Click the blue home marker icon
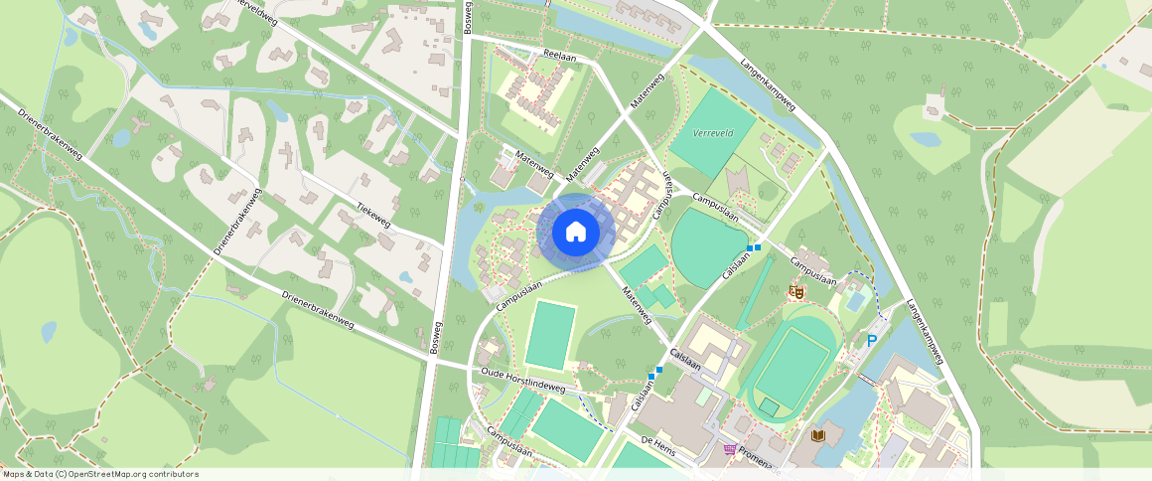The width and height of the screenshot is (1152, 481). click(576, 233)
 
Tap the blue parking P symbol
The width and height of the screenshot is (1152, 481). click(872, 341)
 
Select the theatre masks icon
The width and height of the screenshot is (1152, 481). click(794, 291)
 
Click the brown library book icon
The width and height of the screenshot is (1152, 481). click(818, 435)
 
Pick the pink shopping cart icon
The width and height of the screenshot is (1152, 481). click(732, 450)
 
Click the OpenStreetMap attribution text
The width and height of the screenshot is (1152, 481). click(100, 474)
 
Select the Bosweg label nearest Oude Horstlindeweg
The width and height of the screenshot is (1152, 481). click(435, 338)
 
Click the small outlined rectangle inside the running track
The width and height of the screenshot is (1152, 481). click(769, 407)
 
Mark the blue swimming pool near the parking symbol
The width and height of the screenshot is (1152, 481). click(855, 300)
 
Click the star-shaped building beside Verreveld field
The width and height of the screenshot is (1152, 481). click(739, 181)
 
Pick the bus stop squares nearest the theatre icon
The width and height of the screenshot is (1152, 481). click(753, 247)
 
